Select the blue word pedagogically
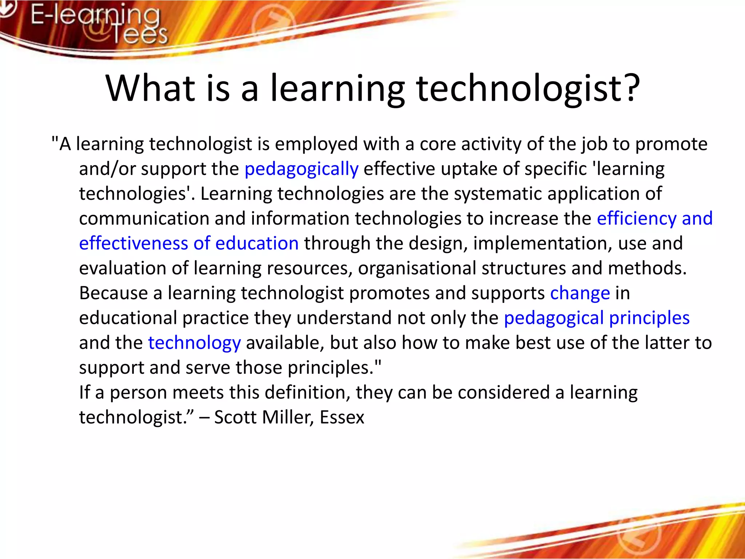coord(301,169)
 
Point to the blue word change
coord(580,293)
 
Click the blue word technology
coord(194,343)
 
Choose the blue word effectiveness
coord(134,243)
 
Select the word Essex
coord(342,417)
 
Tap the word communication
coord(144,219)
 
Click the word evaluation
coord(123,269)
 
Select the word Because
coord(113,293)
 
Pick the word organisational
coord(417,269)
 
